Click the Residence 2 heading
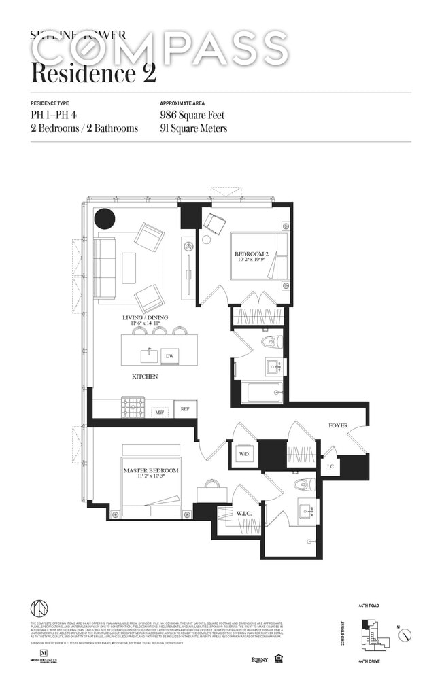(93, 71)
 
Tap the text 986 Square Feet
(192, 116)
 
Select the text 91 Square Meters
(193, 128)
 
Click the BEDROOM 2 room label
(253, 254)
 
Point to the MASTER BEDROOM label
(151, 470)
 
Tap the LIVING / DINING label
(150, 317)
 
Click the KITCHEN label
(145, 376)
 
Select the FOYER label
(338, 425)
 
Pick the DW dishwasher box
(169, 355)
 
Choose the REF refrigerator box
(184, 409)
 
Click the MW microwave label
(160, 411)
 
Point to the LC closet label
(330, 466)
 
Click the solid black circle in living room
(104, 218)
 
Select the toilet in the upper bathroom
(271, 342)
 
